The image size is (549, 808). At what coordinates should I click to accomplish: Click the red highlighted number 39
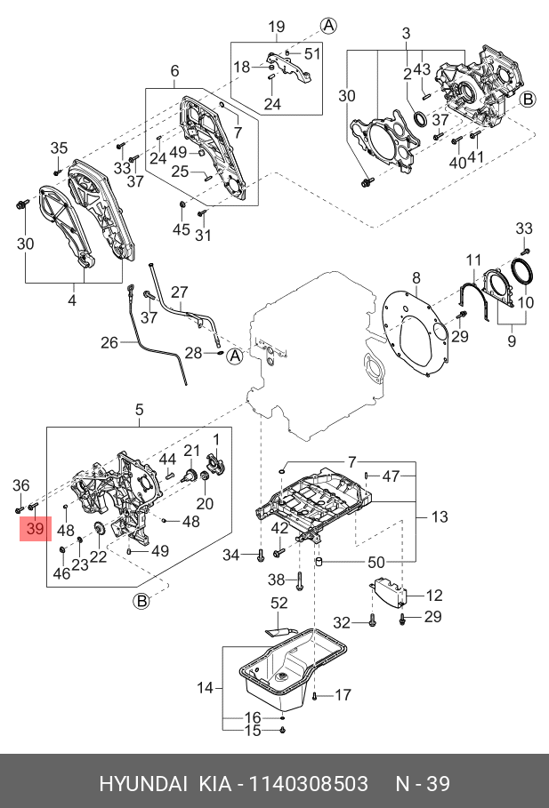click(x=35, y=529)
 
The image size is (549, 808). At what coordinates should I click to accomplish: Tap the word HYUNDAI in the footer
click(x=142, y=783)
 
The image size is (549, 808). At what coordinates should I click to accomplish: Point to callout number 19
click(x=275, y=26)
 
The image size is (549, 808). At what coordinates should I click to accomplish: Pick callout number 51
click(x=311, y=53)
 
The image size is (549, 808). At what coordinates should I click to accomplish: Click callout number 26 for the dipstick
click(x=109, y=342)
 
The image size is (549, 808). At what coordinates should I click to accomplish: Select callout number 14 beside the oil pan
click(x=206, y=687)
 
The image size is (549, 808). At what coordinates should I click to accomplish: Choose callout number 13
click(x=440, y=516)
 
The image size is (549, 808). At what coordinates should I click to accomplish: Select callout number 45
click(x=181, y=230)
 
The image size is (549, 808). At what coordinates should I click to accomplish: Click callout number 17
click(x=343, y=695)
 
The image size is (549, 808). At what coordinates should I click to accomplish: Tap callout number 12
click(x=433, y=596)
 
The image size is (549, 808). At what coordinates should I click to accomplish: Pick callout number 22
click(x=98, y=557)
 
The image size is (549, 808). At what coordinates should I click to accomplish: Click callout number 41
click(x=478, y=162)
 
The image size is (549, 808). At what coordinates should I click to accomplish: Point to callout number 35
click(x=59, y=148)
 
